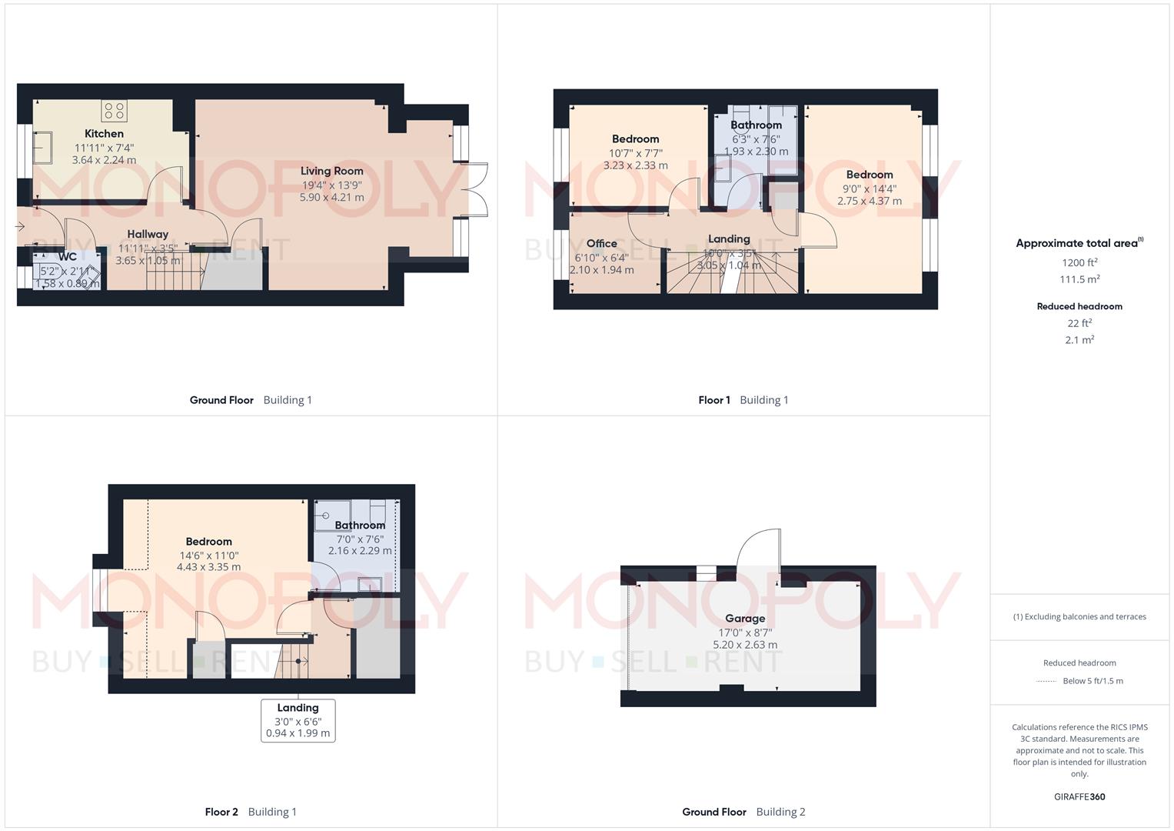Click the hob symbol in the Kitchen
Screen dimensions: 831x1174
115,111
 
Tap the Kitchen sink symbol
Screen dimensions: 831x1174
43,148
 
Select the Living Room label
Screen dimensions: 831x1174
331,171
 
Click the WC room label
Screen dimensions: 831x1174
68,257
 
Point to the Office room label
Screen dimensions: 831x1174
601,243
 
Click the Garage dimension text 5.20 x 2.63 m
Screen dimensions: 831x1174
744,645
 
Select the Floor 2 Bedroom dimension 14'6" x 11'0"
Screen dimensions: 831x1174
208,555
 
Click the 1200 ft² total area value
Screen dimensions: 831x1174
1079,262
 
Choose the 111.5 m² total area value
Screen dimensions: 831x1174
1079,279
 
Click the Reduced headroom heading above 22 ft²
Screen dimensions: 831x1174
1079,306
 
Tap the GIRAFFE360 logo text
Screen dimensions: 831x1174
1079,796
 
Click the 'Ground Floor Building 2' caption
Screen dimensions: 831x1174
743,812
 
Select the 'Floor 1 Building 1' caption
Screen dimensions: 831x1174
743,400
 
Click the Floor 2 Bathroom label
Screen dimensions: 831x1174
360,526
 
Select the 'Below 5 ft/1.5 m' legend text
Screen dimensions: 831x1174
1092,681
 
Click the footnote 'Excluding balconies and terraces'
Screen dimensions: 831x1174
1084,616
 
